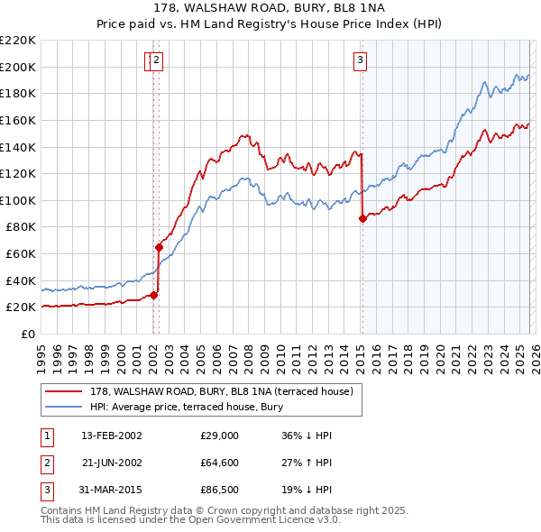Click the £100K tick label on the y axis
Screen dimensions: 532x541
tap(19, 200)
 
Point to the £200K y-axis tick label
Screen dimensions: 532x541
tap(19, 67)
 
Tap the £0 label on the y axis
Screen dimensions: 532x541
tap(29, 334)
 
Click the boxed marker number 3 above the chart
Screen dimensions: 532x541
tap(360, 60)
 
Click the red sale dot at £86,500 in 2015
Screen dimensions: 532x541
tap(362, 218)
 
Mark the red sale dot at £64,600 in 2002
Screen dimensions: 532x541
tap(159, 247)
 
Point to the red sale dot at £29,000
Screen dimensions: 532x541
tap(154, 295)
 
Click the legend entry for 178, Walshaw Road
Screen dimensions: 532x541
tap(226, 391)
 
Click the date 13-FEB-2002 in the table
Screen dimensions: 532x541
tap(111, 435)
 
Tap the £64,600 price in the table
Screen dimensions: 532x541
tap(219, 464)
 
